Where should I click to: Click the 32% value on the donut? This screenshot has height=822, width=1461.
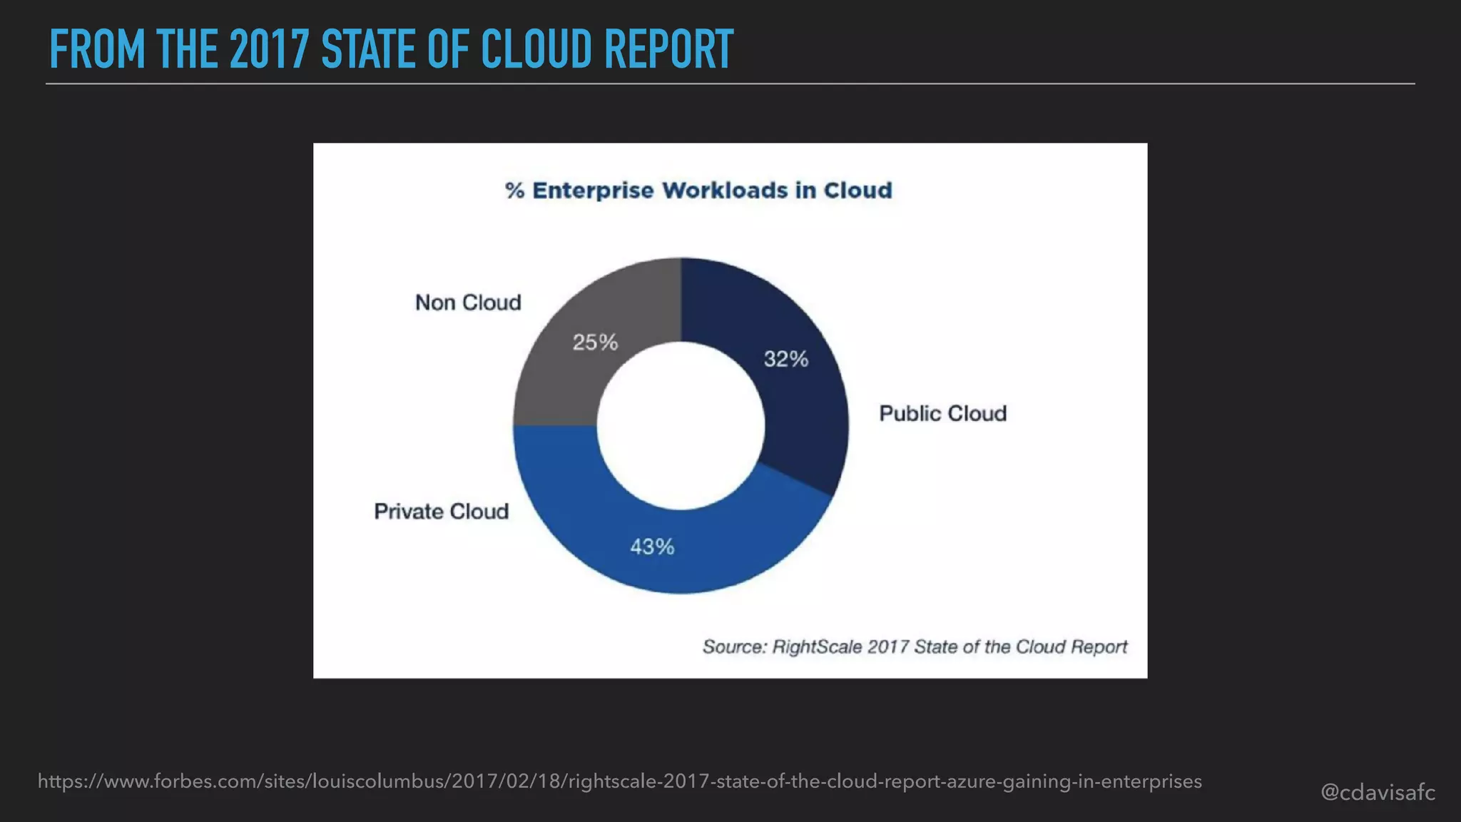click(x=785, y=358)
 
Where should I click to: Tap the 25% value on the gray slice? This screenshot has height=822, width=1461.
click(x=595, y=342)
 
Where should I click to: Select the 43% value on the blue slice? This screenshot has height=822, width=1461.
click(x=652, y=547)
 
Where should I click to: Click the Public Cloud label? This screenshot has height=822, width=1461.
click(x=942, y=413)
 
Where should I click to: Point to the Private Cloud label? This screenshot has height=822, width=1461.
click(x=441, y=512)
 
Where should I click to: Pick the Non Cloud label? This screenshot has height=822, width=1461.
click(x=468, y=303)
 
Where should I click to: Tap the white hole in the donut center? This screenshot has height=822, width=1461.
click(x=681, y=426)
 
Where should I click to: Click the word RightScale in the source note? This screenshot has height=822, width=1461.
click(x=818, y=647)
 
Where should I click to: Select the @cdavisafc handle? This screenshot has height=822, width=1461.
click(x=1378, y=792)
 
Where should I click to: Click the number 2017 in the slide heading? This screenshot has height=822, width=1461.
click(x=269, y=49)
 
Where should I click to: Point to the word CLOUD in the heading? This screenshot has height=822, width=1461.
click(x=536, y=49)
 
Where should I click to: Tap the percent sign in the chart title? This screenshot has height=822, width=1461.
click(x=514, y=191)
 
